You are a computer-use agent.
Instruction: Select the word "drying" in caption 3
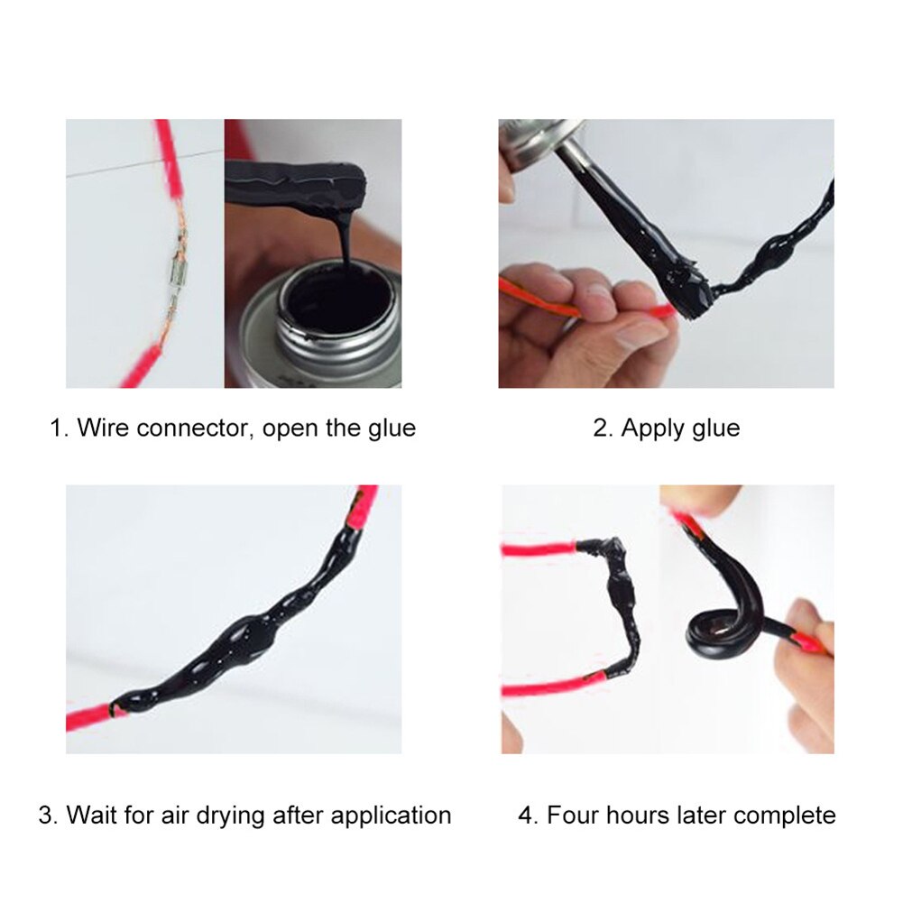284,815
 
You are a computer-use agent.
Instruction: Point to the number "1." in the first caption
59,427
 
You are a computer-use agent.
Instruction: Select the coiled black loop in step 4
722,622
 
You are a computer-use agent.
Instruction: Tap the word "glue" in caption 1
391,427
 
